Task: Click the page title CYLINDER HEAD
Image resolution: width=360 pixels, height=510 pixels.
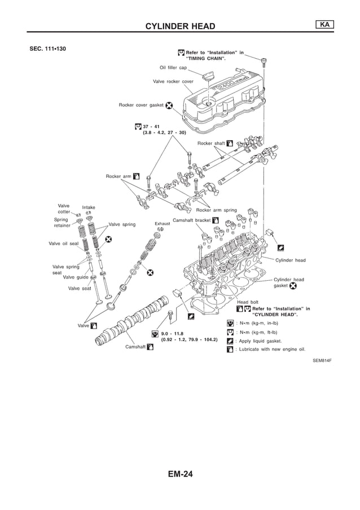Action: (x=180, y=27)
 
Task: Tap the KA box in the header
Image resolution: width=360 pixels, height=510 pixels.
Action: (x=323, y=24)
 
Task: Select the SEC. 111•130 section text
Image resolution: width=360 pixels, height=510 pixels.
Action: (x=48, y=49)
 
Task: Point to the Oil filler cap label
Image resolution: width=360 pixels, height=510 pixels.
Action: (x=173, y=67)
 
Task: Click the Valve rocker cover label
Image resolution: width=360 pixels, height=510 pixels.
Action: (x=173, y=81)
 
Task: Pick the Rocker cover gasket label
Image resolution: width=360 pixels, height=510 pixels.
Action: (x=141, y=105)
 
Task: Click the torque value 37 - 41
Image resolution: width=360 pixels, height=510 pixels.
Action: (x=151, y=126)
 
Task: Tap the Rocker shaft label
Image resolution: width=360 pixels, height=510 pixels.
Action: (x=211, y=143)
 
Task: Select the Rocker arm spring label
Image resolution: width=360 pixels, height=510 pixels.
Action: (x=216, y=210)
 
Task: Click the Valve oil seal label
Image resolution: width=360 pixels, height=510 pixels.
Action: (x=64, y=243)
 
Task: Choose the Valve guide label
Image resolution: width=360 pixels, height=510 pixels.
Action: (x=76, y=277)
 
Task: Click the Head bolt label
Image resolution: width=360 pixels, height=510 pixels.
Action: (x=248, y=302)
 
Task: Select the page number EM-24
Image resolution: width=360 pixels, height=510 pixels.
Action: (x=180, y=474)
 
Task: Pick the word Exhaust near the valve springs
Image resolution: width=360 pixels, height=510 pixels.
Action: (x=163, y=224)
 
